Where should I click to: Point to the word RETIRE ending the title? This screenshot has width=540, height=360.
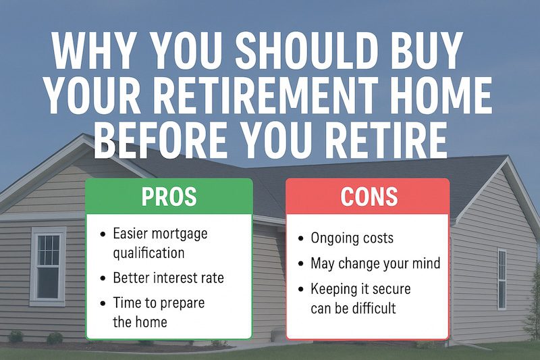(x=385, y=140)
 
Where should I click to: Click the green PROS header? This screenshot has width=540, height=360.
(x=169, y=197)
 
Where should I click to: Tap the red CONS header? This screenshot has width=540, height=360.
(x=369, y=197)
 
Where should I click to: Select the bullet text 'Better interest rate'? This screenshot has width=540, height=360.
(x=167, y=278)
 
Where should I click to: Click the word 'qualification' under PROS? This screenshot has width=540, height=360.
(x=148, y=253)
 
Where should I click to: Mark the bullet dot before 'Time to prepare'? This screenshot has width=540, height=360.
(x=102, y=303)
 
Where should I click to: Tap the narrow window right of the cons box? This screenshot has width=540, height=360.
(x=502, y=279)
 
